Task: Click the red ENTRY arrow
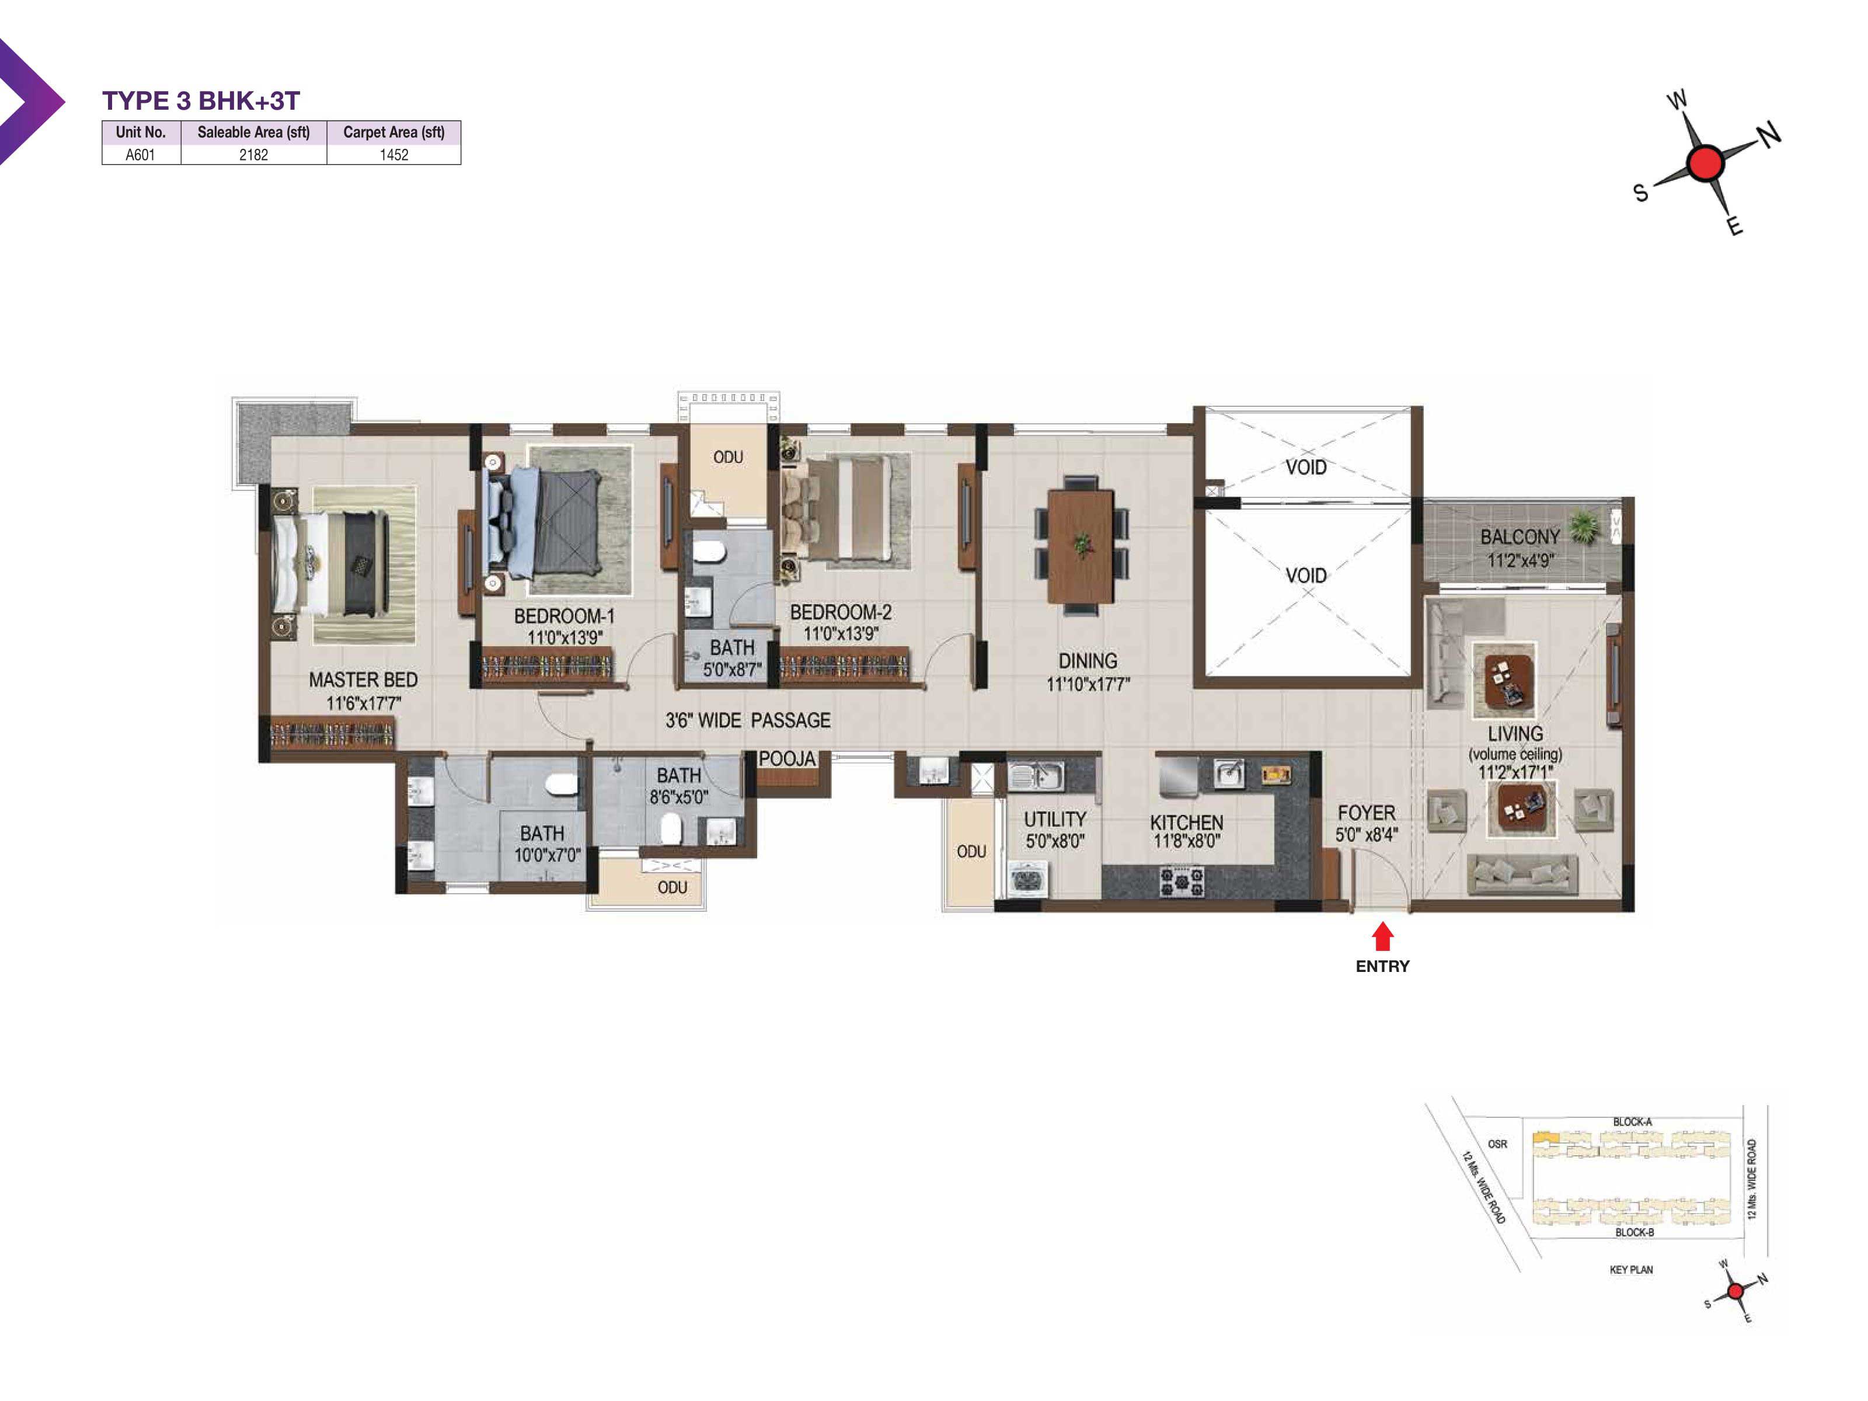(x=1382, y=936)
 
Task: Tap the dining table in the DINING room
(x=1081, y=546)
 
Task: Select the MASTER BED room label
(x=363, y=680)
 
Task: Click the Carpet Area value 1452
(x=393, y=155)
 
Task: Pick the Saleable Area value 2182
(x=253, y=155)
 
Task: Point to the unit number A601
(x=140, y=155)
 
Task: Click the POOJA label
(x=787, y=758)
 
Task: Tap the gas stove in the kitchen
(x=1182, y=881)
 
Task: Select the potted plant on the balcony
(x=1584, y=528)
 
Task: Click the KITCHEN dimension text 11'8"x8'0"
(x=1187, y=841)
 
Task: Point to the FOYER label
(x=1367, y=813)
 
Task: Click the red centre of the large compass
(x=1704, y=163)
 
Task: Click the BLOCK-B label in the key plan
(x=1634, y=1232)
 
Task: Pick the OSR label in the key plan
(x=1497, y=1144)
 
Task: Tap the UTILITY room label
(x=1055, y=819)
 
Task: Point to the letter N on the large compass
(x=1768, y=134)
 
